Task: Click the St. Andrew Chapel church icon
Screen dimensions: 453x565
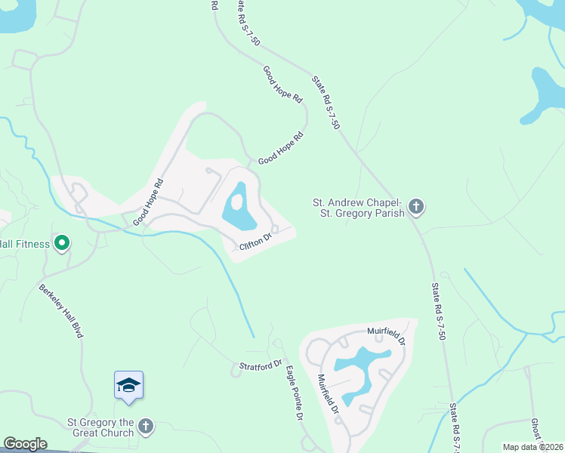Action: pyautogui.click(x=415, y=205)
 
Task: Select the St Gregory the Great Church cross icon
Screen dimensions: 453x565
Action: pyautogui.click(x=147, y=427)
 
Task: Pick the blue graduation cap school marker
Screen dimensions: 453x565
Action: pyautogui.click(x=128, y=386)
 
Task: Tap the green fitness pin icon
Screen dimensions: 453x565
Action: pyautogui.click(x=63, y=243)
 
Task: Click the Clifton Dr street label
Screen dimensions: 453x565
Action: pyautogui.click(x=255, y=243)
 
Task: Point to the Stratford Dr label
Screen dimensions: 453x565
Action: pyautogui.click(x=256, y=367)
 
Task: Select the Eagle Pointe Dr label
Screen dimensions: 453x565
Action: pyautogui.click(x=294, y=393)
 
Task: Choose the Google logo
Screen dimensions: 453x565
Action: pyautogui.click(x=25, y=444)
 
